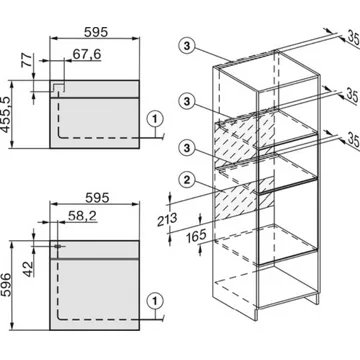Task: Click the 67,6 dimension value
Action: pos(87,54)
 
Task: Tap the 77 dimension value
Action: pos(28,60)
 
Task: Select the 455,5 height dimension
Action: pos(7,114)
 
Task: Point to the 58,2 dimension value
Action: pos(82,216)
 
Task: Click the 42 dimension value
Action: pos(29,269)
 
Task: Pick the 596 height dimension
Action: pos(7,286)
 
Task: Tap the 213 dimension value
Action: pos(167,220)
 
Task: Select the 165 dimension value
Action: pos(196,237)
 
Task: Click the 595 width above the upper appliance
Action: pos(96,32)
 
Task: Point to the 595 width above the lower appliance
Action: pos(97,197)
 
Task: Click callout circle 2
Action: pos(187,180)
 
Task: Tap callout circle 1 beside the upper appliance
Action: pos(155,118)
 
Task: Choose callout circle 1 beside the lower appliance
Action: pos(155,301)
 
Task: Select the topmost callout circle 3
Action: pos(187,46)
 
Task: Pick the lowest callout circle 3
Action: pos(187,147)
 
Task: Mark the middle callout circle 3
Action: pos(187,101)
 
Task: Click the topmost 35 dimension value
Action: pos(353,37)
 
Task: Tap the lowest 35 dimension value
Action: pos(353,140)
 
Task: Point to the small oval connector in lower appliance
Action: pos(58,246)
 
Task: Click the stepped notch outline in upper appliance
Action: pos(59,87)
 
